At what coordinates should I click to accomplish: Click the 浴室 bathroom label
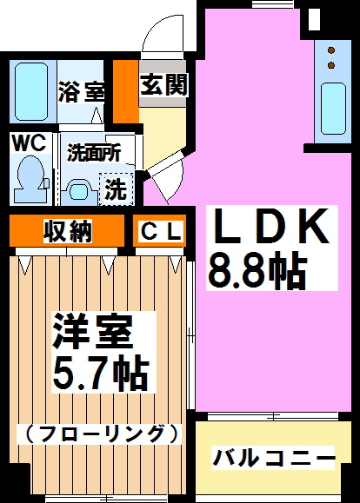[x=82, y=92]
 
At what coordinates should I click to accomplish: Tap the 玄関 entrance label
[x=163, y=85]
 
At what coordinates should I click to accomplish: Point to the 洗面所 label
[x=94, y=149]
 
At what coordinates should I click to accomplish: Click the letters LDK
[x=270, y=228]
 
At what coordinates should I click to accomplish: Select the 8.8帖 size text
[x=257, y=270]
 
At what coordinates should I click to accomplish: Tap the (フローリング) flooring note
[x=103, y=432]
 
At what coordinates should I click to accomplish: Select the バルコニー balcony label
[x=274, y=457]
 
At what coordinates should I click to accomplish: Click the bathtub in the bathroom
[x=33, y=92]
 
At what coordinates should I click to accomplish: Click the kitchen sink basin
[x=333, y=106]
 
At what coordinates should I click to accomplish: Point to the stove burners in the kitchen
[x=330, y=57]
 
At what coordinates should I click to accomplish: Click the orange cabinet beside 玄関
[x=127, y=91]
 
